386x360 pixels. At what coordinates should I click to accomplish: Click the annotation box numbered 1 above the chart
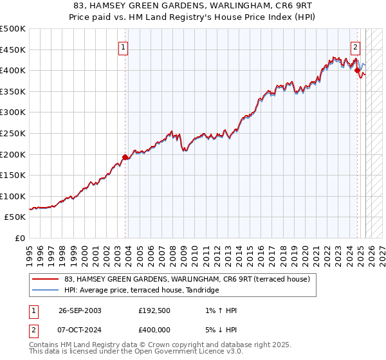tap(123, 46)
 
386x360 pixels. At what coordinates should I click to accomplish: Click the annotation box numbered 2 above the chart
tap(355, 46)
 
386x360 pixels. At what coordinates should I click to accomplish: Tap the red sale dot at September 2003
tap(125, 157)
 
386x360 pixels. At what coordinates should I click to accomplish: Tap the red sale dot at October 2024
tap(358, 71)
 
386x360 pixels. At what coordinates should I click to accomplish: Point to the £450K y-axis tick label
tap(13, 50)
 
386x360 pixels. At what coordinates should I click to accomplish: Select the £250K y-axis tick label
tap(13, 133)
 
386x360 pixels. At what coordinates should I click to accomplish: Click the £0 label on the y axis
tap(20, 238)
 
